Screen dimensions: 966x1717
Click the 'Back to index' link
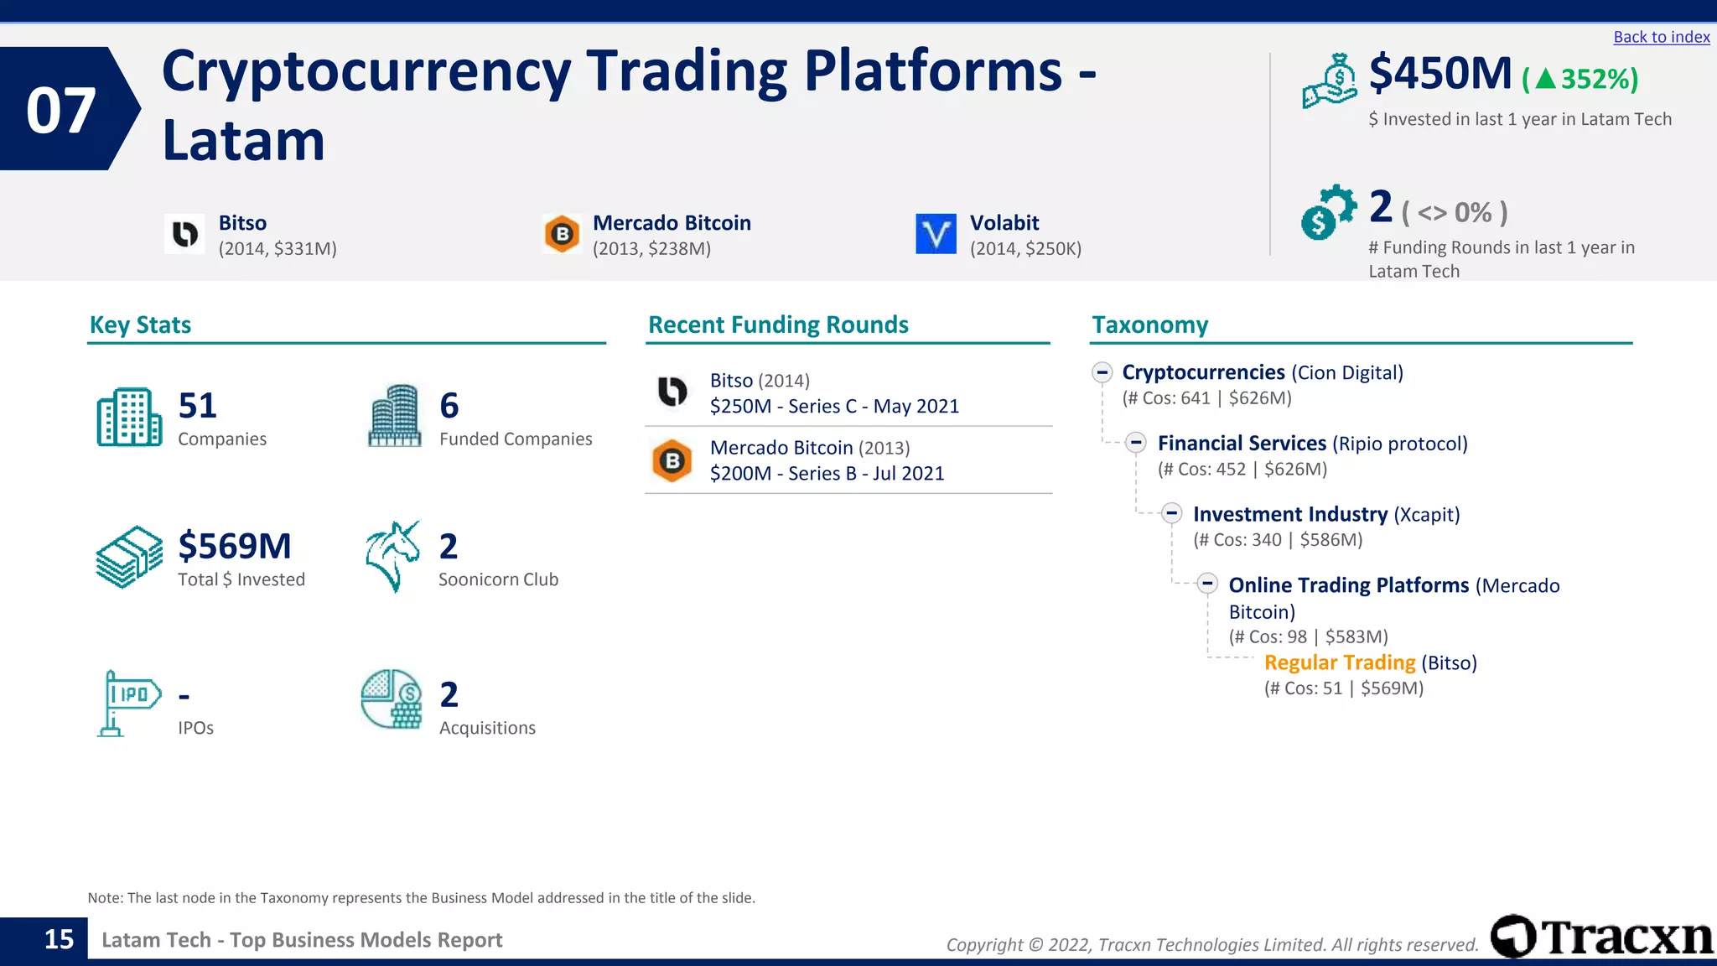[x=1661, y=37]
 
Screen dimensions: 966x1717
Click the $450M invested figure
[x=1439, y=74]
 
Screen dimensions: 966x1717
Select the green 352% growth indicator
[x=1580, y=79]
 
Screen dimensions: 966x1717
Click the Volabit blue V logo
[x=936, y=233]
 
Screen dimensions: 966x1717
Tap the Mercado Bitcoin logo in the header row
[x=563, y=234]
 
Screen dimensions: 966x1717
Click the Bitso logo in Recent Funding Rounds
[x=672, y=392]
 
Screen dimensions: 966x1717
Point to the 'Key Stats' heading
[x=140, y=325]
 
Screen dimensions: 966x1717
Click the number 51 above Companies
[x=197, y=406]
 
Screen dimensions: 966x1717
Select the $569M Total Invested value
[x=235, y=546]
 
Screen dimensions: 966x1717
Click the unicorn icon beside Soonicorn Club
[x=392, y=556]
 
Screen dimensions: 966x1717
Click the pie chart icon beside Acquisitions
[x=392, y=699]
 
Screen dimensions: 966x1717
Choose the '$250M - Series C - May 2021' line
[x=833, y=407]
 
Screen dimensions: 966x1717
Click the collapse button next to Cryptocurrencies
[x=1102, y=372]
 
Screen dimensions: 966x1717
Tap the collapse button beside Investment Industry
[x=1172, y=513]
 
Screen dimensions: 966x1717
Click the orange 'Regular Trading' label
[x=1339, y=662]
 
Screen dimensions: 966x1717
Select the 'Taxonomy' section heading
[x=1149, y=325]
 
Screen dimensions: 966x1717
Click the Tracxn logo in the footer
[x=1601, y=937]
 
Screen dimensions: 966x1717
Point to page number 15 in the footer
[x=59, y=939]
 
